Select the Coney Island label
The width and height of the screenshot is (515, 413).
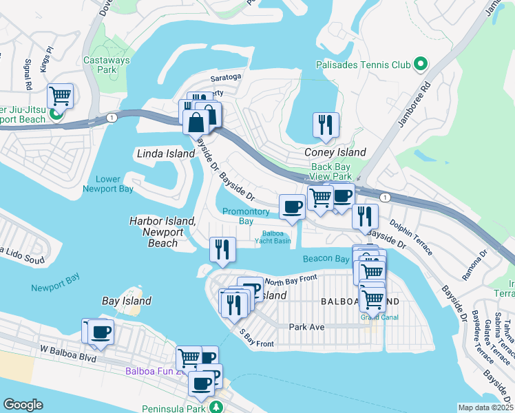point(335,152)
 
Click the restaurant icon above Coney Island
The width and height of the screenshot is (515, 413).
point(326,125)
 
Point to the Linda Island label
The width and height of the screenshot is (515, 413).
point(166,153)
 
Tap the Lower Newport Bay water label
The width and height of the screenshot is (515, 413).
point(108,184)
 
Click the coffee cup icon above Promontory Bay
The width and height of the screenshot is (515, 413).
point(291,206)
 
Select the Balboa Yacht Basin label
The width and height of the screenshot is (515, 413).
point(274,237)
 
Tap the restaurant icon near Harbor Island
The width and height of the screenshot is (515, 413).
point(222,249)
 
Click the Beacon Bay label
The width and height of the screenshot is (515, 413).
point(326,259)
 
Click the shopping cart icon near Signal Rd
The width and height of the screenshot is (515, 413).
point(60,96)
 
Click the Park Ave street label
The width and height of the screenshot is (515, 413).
point(306,327)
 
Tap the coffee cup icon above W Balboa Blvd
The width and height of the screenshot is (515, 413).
point(101,331)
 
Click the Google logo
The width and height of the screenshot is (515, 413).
point(23,404)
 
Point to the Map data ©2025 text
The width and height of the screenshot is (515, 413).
point(485,407)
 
